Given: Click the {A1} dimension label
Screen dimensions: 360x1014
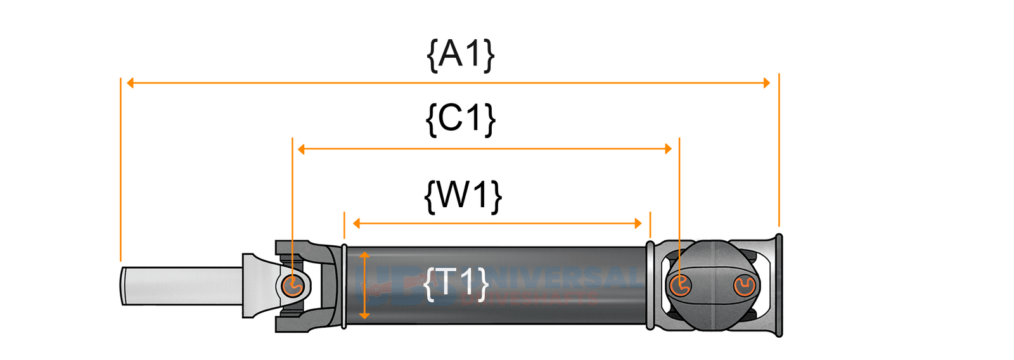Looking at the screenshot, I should click(x=461, y=55).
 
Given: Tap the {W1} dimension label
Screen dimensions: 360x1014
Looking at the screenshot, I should click(x=463, y=195).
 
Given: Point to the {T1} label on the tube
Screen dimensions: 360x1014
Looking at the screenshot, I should click(x=456, y=283).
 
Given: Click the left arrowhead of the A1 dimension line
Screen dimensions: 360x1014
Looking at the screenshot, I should click(x=131, y=83).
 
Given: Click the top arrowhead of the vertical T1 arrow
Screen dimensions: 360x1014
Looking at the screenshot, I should click(x=364, y=255).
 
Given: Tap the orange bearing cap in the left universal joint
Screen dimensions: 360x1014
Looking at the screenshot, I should click(x=293, y=286).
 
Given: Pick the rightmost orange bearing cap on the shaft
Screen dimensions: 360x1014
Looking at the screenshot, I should click(x=744, y=286).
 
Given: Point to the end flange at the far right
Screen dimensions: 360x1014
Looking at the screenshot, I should click(x=779, y=285).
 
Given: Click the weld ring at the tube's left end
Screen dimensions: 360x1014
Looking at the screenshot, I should click(x=344, y=286).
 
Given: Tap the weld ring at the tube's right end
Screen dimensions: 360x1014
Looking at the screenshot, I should click(x=650, y=285).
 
